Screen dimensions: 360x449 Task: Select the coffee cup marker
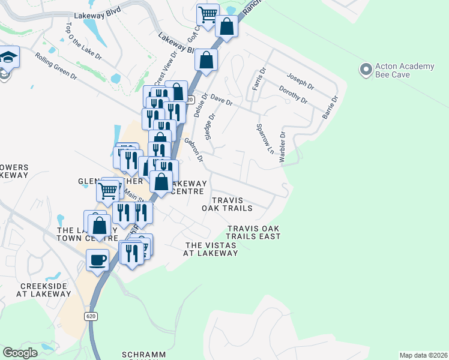97,260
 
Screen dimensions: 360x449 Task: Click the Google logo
20,353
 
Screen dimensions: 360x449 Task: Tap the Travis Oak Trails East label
254,232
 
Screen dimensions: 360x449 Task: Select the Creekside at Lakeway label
44,290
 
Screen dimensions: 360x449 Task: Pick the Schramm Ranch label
143,355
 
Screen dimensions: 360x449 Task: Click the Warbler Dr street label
282,147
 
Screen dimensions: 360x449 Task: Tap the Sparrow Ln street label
260,137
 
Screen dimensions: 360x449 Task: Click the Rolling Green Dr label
56,67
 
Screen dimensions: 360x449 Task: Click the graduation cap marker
10,58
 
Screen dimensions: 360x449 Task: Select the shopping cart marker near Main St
108,191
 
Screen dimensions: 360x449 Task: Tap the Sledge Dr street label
209,127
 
